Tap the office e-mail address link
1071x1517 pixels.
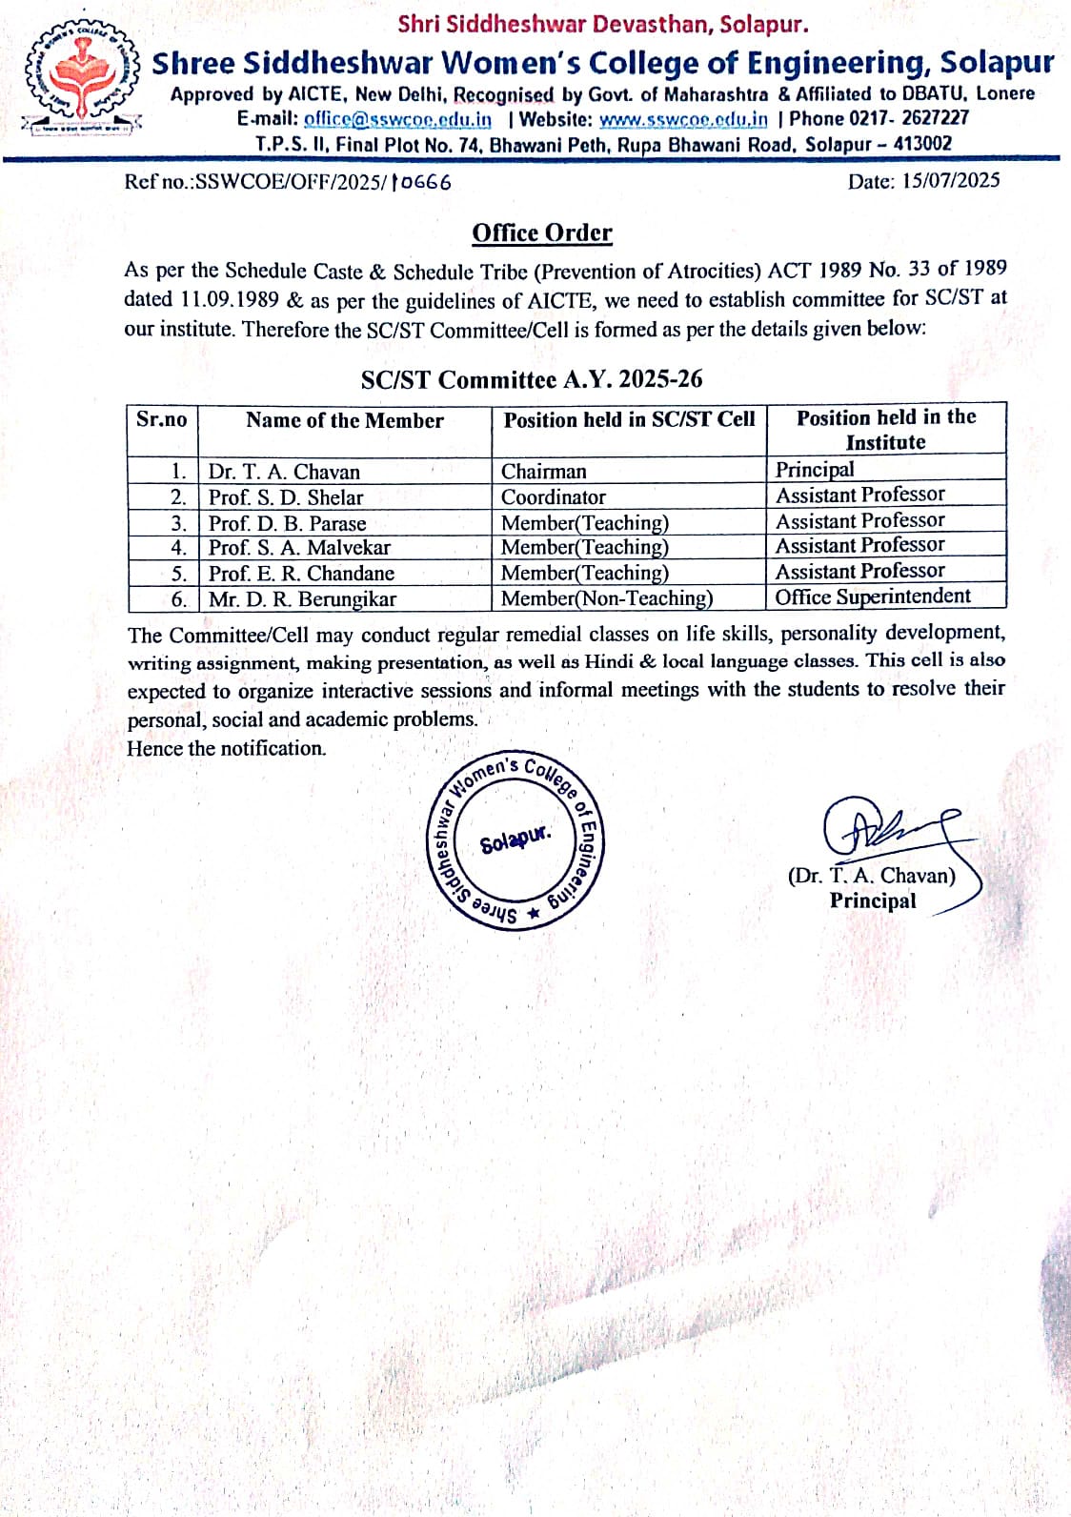pyautogui.click(x=397, y=119)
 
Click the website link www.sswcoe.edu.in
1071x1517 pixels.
pyautogui.click(x=683, y=119)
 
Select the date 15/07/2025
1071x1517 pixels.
pyautogui.click(x=951, y=180)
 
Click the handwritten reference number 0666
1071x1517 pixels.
pyautogui.click(x=421, y=182)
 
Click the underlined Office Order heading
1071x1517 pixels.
pyautogui.click(x=542, y=233)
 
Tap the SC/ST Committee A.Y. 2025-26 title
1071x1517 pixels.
pyautogui.click(x=532, y=379)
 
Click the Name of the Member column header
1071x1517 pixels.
pyautogui.click(x=344, y=420)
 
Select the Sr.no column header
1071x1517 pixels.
pyautogui.click(x=162, y=419)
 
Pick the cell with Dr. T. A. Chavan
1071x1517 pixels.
pyautogui.click(x=284, y=472)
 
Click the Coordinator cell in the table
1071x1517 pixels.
pyautogui.click(x=554, y=497)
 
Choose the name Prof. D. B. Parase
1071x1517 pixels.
pyautogui.click(x=287, y=523)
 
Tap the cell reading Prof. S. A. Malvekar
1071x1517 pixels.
pyautogui.click(x=299, y=548)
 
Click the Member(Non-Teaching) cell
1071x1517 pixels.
pyautogui.click(x=607, y=598)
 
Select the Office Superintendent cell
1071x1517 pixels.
pyautogui.click(x=873, y=597)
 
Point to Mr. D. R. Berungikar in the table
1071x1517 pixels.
pyautogui.click(x=302, y=599)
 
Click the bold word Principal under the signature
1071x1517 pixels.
pyautogui.click(x=872, y=901)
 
